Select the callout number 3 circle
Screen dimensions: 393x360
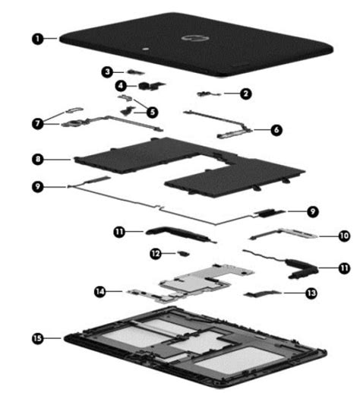[x=108, y=71]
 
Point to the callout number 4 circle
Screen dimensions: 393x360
[x=121, y=86]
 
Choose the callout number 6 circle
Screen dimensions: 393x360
[x=276, y=130]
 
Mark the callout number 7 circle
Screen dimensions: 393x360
[x=36, y=122]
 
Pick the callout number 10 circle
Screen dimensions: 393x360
[x=344, y=236]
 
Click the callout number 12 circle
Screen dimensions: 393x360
[x=155, y=252]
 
